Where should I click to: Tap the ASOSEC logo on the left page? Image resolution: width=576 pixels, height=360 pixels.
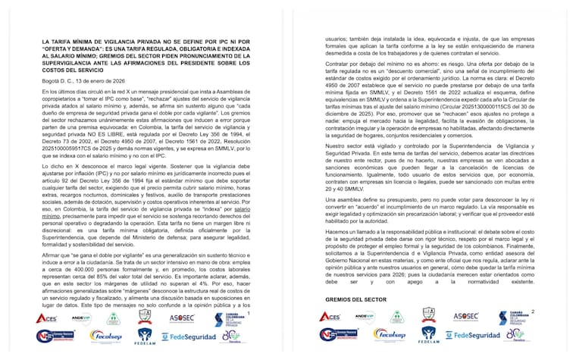point(183,316)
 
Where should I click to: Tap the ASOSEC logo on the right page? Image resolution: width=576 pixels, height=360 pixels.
point(465,315)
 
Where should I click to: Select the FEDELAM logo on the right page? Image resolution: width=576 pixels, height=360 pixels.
point(427,336)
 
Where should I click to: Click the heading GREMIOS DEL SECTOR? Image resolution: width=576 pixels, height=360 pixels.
point(351,299)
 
